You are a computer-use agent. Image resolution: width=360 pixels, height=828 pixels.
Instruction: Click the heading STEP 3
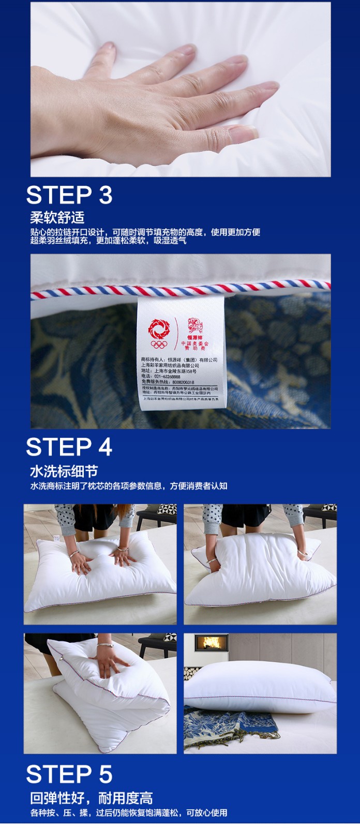coord(69,196)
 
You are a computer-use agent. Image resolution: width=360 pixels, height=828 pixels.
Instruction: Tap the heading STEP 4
coord(69,447)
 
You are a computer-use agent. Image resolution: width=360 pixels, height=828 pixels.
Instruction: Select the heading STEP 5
coord(69,774)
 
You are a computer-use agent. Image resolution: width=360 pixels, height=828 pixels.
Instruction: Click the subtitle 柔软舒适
coord(57,217)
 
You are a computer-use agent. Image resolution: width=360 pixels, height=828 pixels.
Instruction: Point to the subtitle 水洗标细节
coord(64,471)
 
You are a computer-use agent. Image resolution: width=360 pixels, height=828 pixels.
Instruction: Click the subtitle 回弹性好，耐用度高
coord(91,797)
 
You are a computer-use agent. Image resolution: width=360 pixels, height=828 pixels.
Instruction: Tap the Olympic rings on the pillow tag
coord(159,344)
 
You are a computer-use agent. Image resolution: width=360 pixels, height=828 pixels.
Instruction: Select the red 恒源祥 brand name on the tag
coord(195,337)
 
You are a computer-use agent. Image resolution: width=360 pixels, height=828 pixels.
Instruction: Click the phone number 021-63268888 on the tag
coord(168,377)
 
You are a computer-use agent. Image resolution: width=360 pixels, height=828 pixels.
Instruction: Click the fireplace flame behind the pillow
coord(211,643)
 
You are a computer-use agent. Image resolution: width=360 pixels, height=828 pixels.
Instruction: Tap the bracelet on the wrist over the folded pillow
coord(105,645)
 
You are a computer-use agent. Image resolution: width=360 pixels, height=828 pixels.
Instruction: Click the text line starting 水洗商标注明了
coord(128,486)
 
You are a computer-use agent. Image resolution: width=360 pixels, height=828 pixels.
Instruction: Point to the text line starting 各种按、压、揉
coord(128,812)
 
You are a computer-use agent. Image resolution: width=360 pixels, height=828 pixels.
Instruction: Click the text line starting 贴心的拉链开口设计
coord(145,232)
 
